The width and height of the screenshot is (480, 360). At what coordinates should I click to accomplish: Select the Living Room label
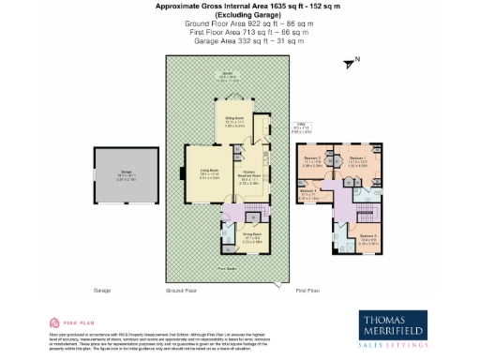click(x=208, y=172)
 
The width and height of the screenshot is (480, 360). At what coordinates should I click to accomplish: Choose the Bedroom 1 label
click(x=357, y=161)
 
